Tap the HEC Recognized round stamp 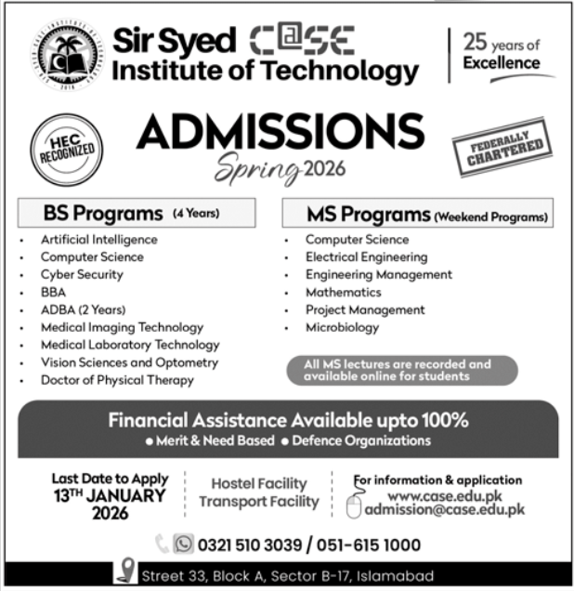point(67,149)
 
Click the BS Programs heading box point(137,213)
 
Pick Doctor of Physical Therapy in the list point(117,380)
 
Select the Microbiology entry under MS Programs point(342,327)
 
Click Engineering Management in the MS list point(378,274)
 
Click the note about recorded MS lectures point(397,370)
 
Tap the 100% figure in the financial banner point(438,419)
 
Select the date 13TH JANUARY point(111,495)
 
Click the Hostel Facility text point(258,483)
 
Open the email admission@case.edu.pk point(445,509)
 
